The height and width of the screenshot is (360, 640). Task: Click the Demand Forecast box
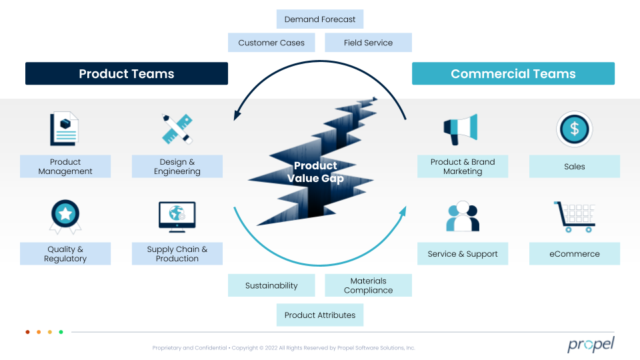[x=319, y=19]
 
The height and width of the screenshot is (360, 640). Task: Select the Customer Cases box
[x=271, y=43]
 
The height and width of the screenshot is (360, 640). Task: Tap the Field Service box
[x=368, y=43]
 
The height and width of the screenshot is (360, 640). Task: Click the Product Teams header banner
[x=127, y=73]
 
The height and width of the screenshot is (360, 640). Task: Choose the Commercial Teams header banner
[x=513, y=73]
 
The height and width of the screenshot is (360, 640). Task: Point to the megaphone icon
[x=461, y=129]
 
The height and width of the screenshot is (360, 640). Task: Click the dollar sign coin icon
[x=574, y=129]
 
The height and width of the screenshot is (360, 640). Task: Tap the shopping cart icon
[x=574, y=217]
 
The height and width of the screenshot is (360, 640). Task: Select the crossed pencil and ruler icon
[x=177, y=129]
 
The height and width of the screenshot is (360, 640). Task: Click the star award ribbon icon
[x=65, y=217]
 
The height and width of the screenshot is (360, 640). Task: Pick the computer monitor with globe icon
[x=177, y=217]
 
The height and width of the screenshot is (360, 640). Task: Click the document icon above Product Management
[x=64, y=129]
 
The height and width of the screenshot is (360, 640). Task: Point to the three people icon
[x=463, y=216]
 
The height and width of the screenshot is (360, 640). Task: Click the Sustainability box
[x=271, y=285]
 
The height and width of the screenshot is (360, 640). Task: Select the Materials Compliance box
[x=368, y=285]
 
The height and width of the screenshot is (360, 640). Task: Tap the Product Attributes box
[x=319, y=315]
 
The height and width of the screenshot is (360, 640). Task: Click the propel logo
[x=591, y=345]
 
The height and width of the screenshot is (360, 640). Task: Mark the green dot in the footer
[x=61, y=332]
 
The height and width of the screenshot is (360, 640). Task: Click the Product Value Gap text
[x=315, y=172]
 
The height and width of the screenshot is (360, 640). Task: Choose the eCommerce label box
[x=574, y=253]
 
